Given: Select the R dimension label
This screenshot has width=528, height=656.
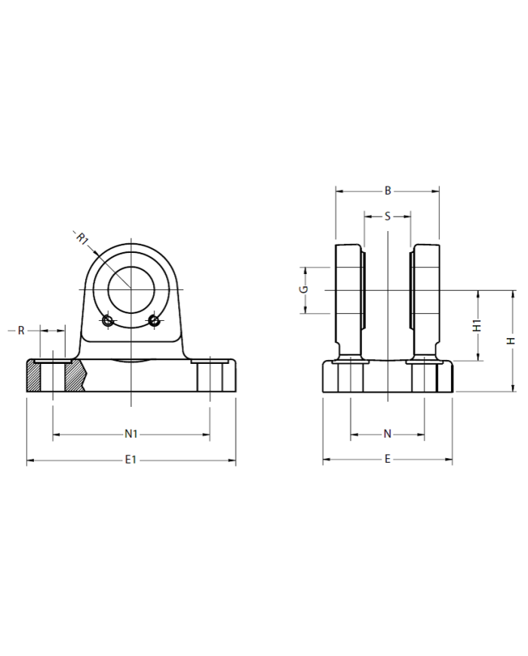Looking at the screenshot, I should point(21,331).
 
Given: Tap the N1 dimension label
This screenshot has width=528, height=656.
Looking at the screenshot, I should point(130,433).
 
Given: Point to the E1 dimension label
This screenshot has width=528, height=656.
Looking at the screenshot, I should point(130,460).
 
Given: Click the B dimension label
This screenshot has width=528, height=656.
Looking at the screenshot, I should point(388,191).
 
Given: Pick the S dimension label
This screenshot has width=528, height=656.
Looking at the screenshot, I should point(388,217).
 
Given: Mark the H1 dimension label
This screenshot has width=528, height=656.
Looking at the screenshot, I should point(477,326).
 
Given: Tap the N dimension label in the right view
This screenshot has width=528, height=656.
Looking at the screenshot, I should point(388,433).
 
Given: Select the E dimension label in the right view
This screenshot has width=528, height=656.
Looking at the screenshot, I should point(388,459).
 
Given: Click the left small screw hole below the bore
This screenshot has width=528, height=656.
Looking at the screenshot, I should point(108,322).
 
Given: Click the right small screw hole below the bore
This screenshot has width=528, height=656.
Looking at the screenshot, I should point(154,322).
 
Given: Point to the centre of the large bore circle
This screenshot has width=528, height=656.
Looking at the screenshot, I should point(131,289).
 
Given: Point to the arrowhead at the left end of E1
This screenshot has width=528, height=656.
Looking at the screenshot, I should point(29,460).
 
